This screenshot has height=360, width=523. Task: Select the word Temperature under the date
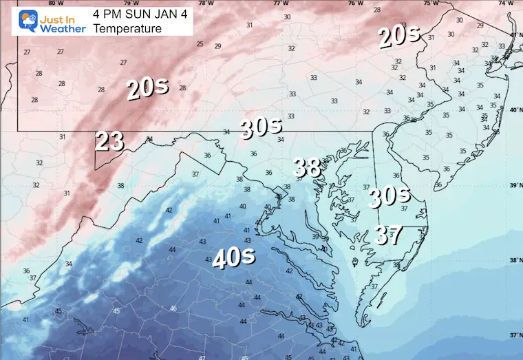[127, 28]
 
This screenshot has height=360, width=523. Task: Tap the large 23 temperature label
[109, 141]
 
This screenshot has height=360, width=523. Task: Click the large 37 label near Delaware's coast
[388, 235]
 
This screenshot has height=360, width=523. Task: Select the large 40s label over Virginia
[234, 257]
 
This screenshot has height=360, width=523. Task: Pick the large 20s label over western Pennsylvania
[147, 89]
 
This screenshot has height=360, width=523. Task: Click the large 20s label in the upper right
[398, 37]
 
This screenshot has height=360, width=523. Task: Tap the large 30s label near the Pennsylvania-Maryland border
[261, 127]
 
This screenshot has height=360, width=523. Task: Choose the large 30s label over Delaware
[389, 197]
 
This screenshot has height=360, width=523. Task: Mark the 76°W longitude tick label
[355, 3]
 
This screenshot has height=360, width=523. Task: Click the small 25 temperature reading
[200, 44]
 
